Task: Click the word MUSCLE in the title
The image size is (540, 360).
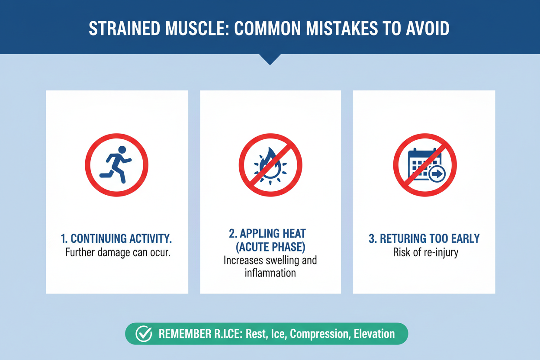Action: pos(197,29)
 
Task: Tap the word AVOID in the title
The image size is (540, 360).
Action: pos(427,29)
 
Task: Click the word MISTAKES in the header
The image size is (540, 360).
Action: pos(342,29)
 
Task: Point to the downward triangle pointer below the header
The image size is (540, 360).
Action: pos(270,59)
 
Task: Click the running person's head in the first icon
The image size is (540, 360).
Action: pos(122,150)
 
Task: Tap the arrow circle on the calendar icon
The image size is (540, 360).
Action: pos(437,174)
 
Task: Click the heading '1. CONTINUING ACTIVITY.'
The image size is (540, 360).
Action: pos(116,238)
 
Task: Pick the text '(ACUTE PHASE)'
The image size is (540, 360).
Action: pos(270,247)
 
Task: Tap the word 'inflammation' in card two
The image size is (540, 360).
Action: pos(270,273)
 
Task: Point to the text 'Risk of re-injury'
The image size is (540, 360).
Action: pos(425,253)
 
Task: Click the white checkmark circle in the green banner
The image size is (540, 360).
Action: pos(144,334)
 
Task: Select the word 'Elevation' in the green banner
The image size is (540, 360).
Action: pos(374,334)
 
